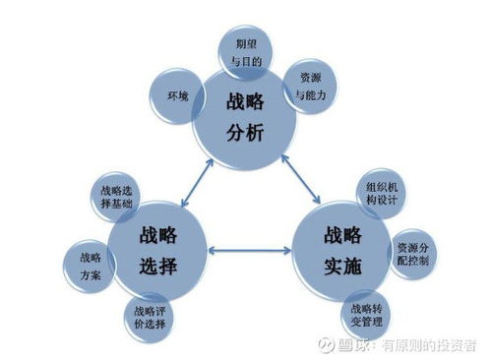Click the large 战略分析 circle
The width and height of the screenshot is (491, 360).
[243, 115]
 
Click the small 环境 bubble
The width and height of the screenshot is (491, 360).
[177, 96]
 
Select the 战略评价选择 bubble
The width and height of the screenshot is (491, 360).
[150, 318]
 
